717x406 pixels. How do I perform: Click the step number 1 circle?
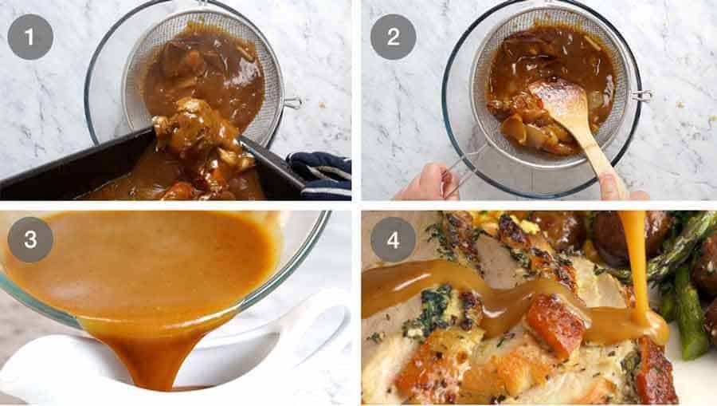point(30,37)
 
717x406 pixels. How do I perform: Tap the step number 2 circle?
point(393,37)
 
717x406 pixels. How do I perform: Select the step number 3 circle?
point(30,239)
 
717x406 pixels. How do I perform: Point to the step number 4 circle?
point(393,239)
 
